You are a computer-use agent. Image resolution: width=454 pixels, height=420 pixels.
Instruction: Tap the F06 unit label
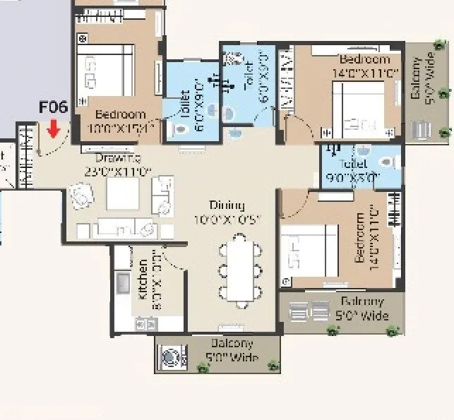53,108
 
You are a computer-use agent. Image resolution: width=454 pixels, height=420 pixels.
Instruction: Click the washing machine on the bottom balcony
171,357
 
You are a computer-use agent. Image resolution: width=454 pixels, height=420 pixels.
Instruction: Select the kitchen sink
122,283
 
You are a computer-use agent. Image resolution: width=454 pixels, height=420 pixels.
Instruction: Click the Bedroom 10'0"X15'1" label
120,121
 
